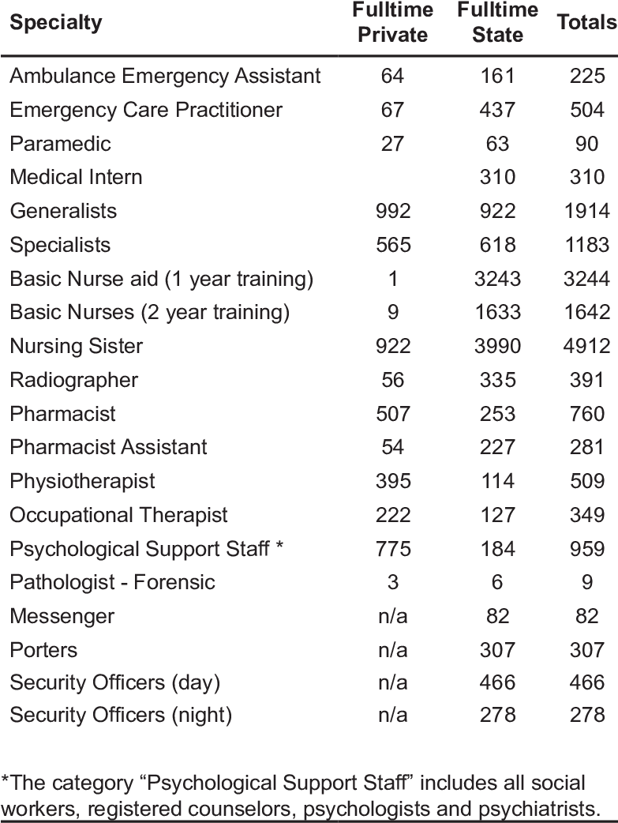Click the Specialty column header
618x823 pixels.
click(x=56, y=22)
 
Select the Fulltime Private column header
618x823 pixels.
click(x=392, y=23)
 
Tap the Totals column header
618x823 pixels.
click(x=586, y=22)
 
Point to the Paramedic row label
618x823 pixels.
click(x=61, y=144)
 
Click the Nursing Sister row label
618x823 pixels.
click(x=77, y=346)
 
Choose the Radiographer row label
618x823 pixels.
click(x=74, y=380)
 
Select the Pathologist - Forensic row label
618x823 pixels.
click(x=112, y=582)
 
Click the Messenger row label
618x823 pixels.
click(x=62, y=616)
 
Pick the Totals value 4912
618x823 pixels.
click(x=586, y=346)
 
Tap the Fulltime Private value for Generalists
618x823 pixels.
click(x=392, y=211)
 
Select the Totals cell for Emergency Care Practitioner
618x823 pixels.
click(x=586, y=110)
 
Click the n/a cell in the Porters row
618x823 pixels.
click(x=392, y=649)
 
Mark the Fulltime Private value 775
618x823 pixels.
click(x=392, y=548)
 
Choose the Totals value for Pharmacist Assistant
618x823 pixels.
click(x=586, y=447)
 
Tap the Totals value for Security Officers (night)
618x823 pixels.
click(x=586, y=716)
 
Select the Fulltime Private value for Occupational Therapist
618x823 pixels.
click(x=392, y=515)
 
